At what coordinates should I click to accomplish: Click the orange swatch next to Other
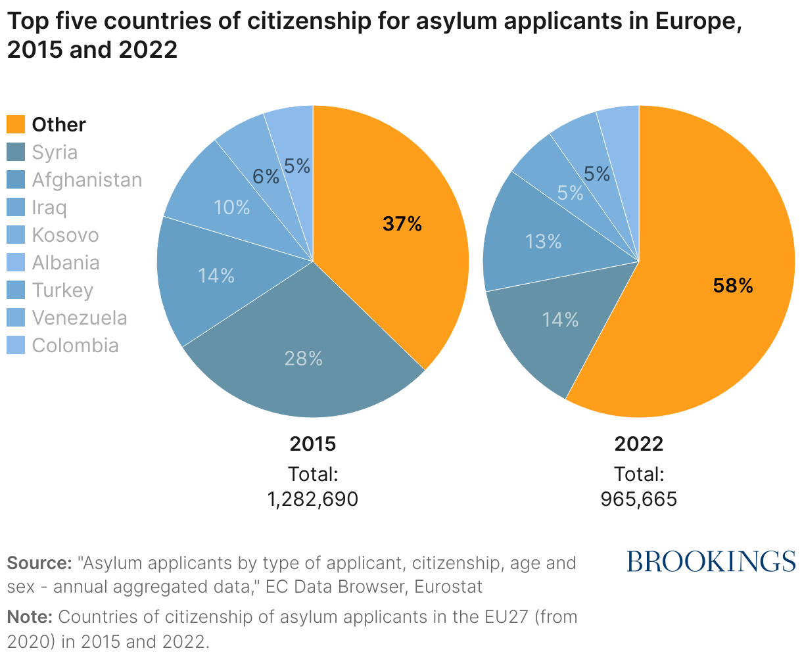16,124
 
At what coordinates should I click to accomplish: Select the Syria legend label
55,152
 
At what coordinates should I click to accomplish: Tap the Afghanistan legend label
87,180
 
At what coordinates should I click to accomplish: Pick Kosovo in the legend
65,235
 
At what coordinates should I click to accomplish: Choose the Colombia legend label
75,346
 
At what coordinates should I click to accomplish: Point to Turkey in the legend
62,290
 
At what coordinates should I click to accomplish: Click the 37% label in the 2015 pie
402,224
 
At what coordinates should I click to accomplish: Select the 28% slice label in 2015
303,359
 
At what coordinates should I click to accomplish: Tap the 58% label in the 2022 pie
732,285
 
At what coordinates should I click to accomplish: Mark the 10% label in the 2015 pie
232,208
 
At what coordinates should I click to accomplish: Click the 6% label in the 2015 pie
266,176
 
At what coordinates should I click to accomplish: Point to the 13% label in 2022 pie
544,242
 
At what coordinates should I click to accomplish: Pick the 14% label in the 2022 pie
560,320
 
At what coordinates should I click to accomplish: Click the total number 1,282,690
313,499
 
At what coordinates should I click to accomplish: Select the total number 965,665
638,499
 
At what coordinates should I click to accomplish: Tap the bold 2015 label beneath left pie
313,444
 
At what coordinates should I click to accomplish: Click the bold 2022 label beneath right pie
638,444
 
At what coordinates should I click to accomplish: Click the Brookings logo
711,561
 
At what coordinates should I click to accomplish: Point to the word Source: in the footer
39,563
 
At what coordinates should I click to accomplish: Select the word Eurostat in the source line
448,586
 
